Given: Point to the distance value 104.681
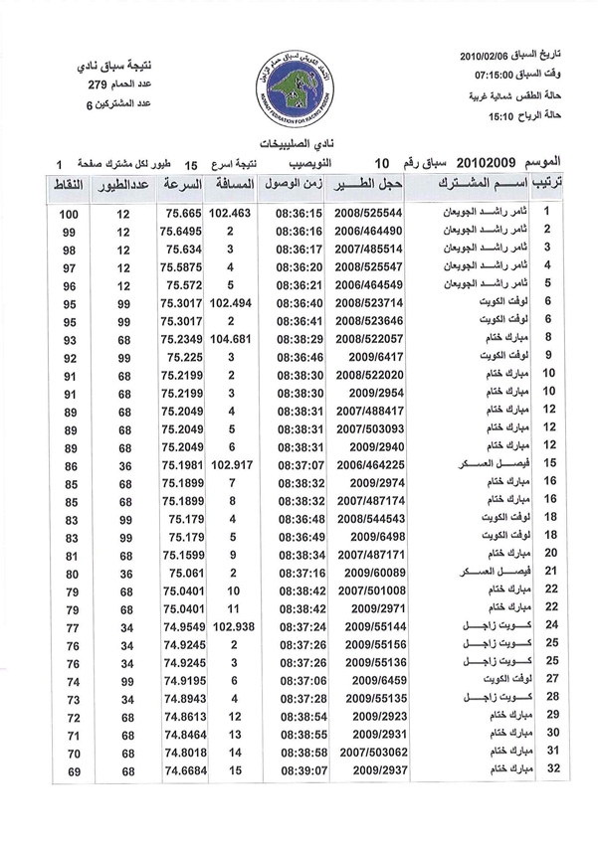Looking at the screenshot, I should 231,339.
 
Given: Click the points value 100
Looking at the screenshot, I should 69,215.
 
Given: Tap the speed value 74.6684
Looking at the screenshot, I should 183,770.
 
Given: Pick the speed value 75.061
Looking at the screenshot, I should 185,573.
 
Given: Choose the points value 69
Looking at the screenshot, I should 72,770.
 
